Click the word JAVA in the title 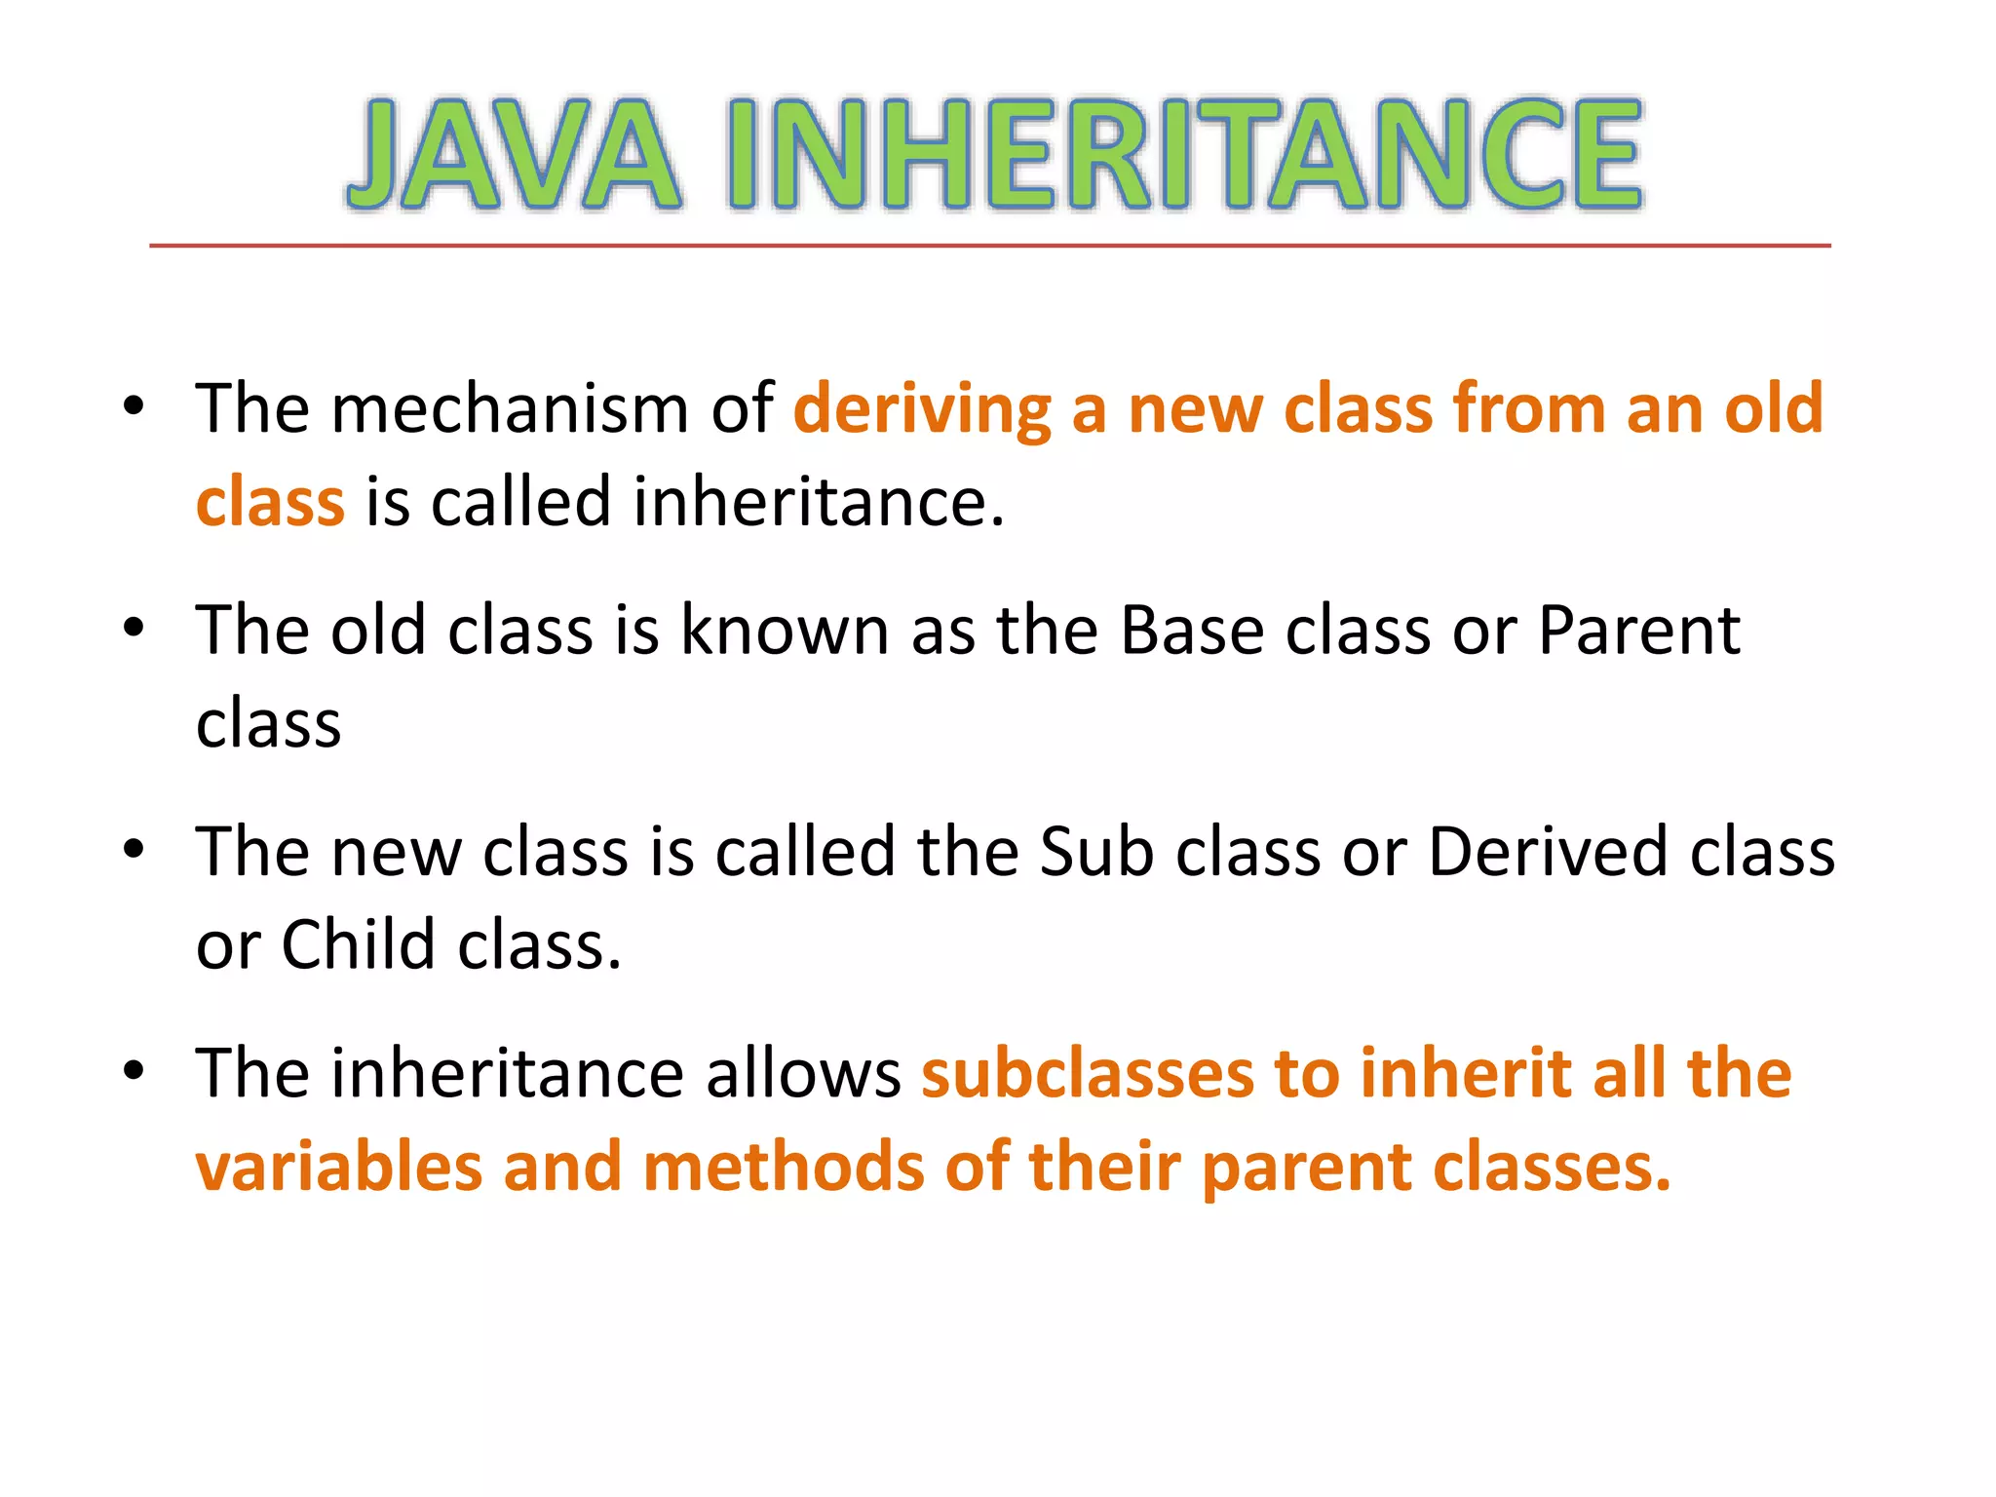(514, 154)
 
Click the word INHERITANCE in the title (1185, 154)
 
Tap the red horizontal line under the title (989, 246)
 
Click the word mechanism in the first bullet (510, 408)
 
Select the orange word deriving (922, 410)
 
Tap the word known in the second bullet (784, 631)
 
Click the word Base (1192, 631)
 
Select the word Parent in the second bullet (1638, 631)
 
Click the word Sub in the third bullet (1096, 852)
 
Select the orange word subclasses (1087, 1073)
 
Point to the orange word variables (339, 1168)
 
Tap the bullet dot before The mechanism (134, 406)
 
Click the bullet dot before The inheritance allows (134, 1071)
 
